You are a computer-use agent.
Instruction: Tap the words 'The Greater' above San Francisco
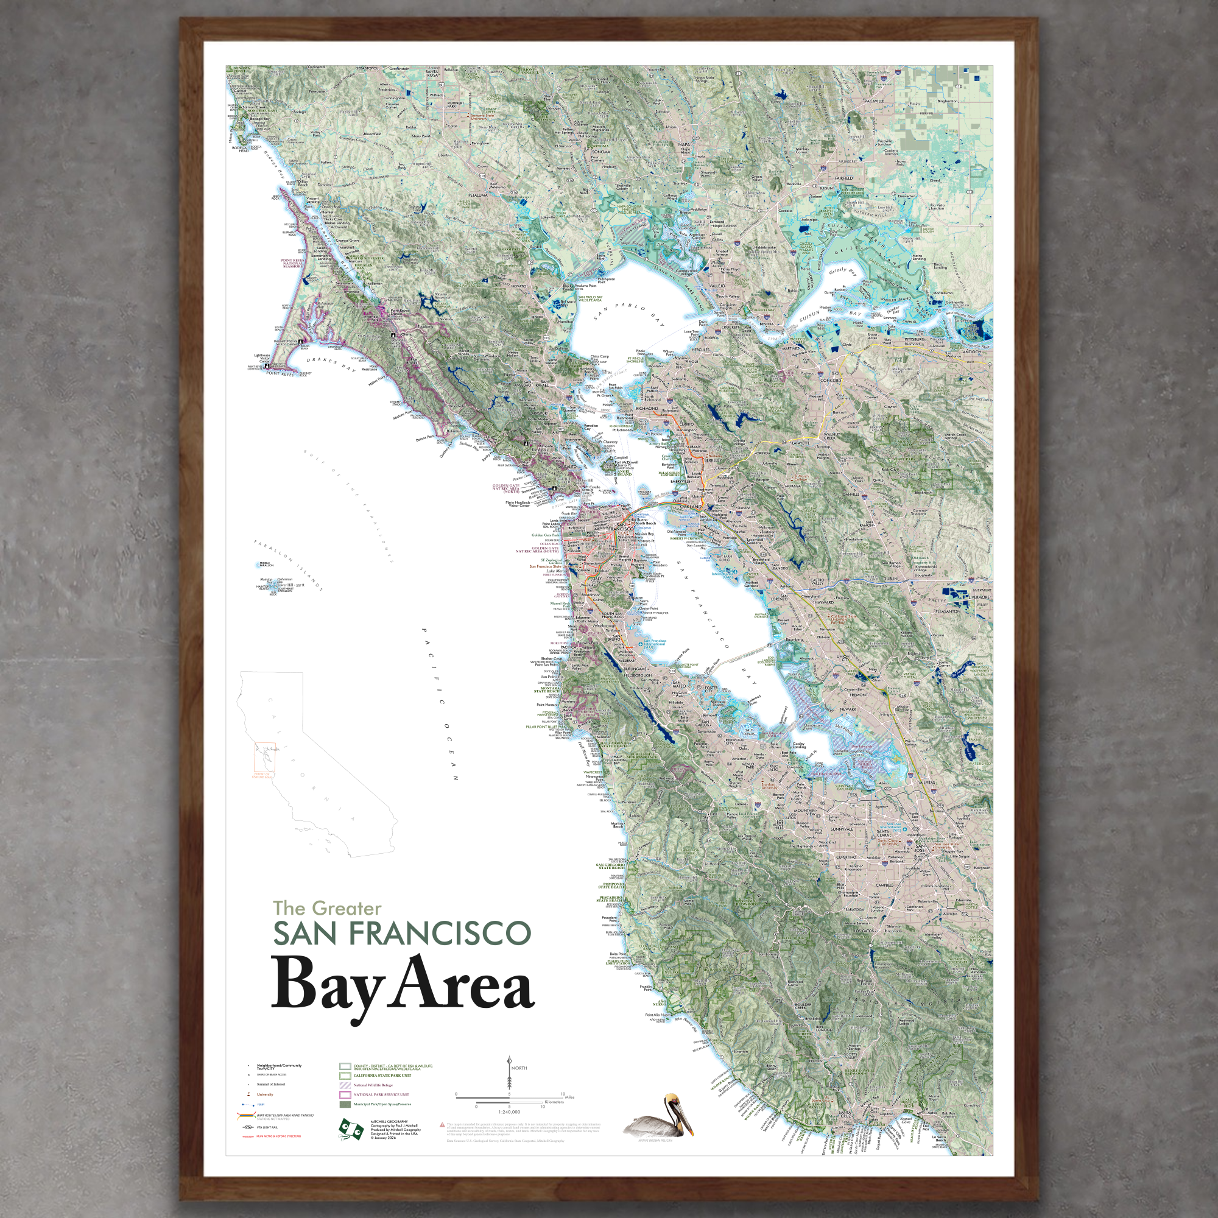(327, 909)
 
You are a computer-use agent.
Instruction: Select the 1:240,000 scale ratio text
(509, 1112)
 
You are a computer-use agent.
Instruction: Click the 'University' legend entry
(265, 1094)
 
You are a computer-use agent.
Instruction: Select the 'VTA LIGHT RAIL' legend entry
(271, 1126)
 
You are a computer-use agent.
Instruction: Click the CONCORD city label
(831, 381)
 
